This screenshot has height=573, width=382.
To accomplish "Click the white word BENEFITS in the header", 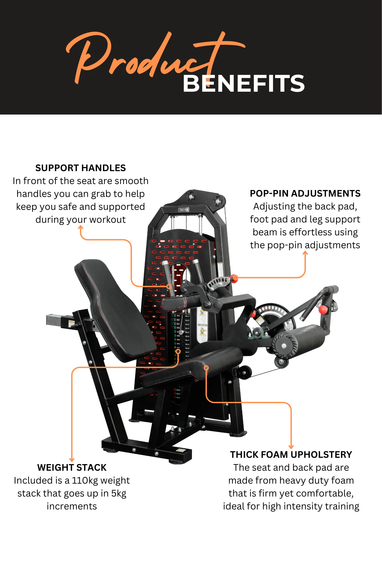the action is tap(244, 83).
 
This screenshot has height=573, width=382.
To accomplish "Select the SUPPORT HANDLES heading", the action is tap(80, 168).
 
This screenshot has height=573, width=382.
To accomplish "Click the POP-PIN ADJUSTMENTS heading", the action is tap(305, 193).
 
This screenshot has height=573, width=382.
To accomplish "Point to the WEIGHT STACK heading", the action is tap(72, 467).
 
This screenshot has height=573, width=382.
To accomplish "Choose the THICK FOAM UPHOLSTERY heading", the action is tap(291, 454).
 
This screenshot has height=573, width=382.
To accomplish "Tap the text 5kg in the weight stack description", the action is tap(119, 494).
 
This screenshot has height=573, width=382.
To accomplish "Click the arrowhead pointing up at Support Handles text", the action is tap(80, 228).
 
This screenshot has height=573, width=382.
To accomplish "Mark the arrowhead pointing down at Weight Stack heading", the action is tap(72, 459).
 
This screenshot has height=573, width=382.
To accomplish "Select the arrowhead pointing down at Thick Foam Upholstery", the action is tap(291, 447).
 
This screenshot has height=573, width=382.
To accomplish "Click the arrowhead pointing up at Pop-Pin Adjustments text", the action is tap(305, 253).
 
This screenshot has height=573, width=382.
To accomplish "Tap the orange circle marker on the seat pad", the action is tap(206, 368).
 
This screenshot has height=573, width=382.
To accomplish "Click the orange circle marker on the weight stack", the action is tap(178, 352).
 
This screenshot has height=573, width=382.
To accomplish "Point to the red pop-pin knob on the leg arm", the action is tap(323, 310).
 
